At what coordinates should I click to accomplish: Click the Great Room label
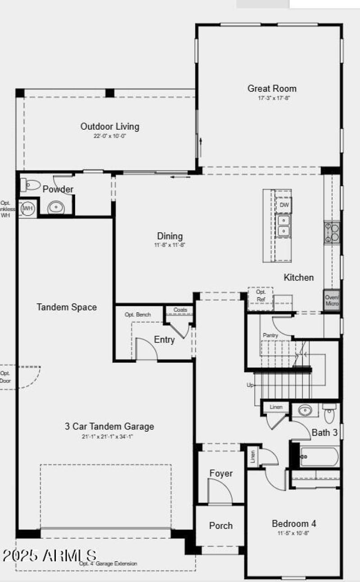coord(272,88)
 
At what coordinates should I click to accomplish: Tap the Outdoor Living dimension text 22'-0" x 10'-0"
coord(110,135)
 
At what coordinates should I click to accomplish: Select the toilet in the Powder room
coord(31,185)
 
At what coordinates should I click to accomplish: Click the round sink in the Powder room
coord(56,208)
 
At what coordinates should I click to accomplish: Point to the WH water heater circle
coord(28,208)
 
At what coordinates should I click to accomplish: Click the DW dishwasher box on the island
coord(284,205)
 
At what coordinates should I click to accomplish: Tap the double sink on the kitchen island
coord(283,226)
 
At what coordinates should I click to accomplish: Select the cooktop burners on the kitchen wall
coord(332,233)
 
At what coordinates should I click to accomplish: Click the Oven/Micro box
coord(332,300)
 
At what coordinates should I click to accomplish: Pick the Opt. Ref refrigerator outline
coord(261,295)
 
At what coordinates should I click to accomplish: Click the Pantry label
coord(270,335)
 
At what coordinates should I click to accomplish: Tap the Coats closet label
coord(180,310)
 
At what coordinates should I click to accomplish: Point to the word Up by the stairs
coord(250,385)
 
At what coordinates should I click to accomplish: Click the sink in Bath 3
coord(306,411)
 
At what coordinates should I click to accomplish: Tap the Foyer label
coord(221,474)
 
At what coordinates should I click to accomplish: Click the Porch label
coord(221,526)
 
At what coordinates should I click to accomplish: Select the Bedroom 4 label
coord(294,523)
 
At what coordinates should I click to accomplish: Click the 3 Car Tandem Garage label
coord(109,426)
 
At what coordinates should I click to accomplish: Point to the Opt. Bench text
coord(138,315)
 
